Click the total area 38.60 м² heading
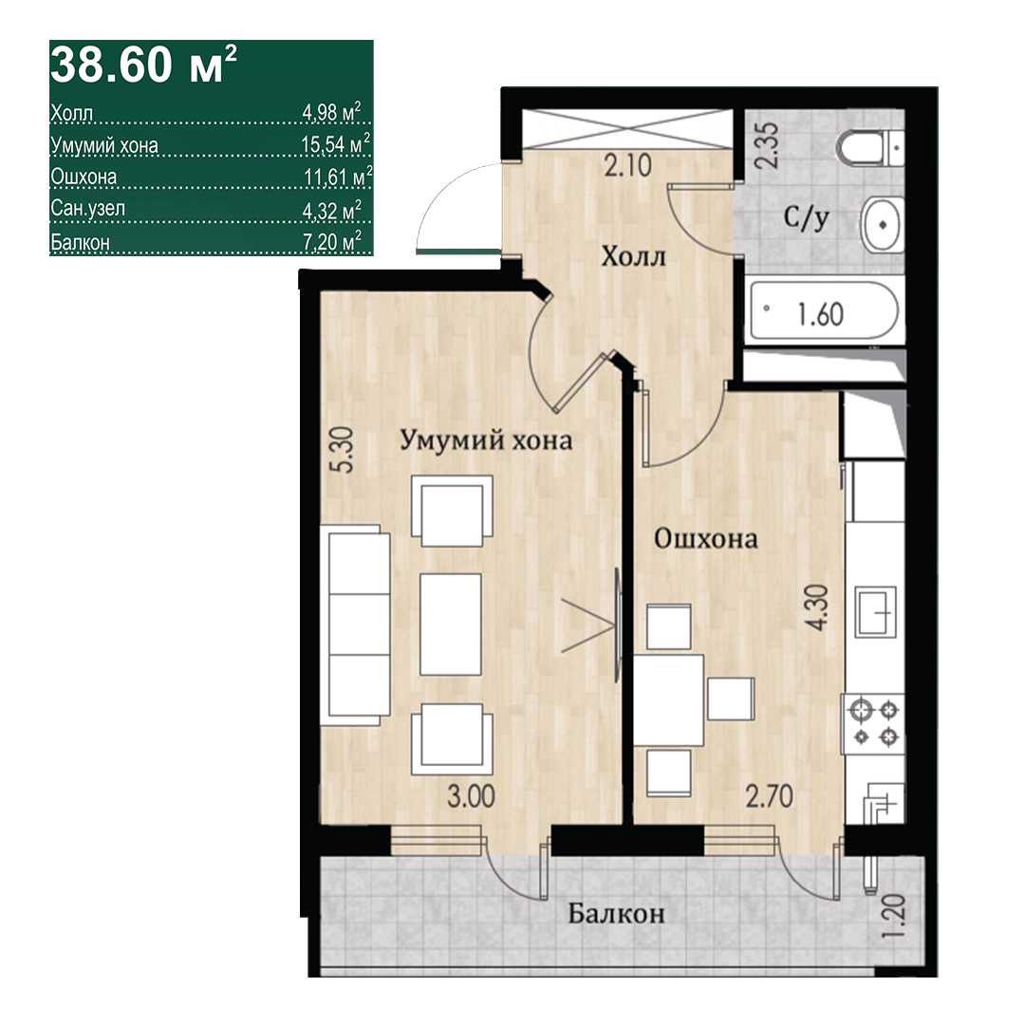click(143, 65)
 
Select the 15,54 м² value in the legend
click(336, 144)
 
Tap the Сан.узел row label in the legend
click(87, 209)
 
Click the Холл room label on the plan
click(633, 257)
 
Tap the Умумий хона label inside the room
click(486, 440)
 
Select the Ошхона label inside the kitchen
click(706, 539)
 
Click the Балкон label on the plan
click(616, 913)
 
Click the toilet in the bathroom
click(872, 148)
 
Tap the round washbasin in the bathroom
click(884, 224)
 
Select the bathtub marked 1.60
click(824, 312)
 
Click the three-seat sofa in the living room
click(356, 624)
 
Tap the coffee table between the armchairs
click(451, 624)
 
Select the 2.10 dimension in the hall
click(627, 165)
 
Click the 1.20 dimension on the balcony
click(892, 917)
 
